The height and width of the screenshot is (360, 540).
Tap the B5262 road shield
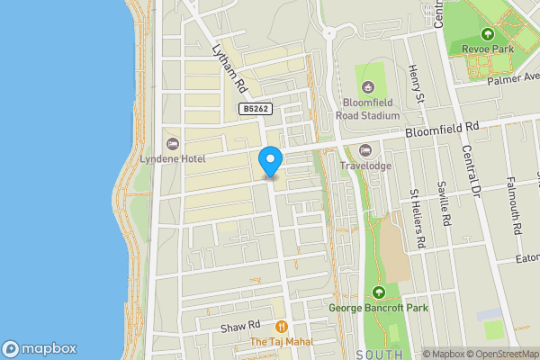pos(254,108)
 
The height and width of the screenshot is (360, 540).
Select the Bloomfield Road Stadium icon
pos(367,87)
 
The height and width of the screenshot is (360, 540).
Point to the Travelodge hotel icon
pos(364,149)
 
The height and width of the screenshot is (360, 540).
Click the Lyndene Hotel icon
pos(172,144)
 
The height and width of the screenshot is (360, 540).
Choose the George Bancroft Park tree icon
pos(379,292)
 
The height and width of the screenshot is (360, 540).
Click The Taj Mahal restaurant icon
pos(282,326)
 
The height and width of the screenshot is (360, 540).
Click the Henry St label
pos(416,84)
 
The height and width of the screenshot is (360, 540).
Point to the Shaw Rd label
pos(242,325)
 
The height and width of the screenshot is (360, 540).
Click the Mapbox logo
pos(40,348)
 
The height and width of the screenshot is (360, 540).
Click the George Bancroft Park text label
pos(378,309)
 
